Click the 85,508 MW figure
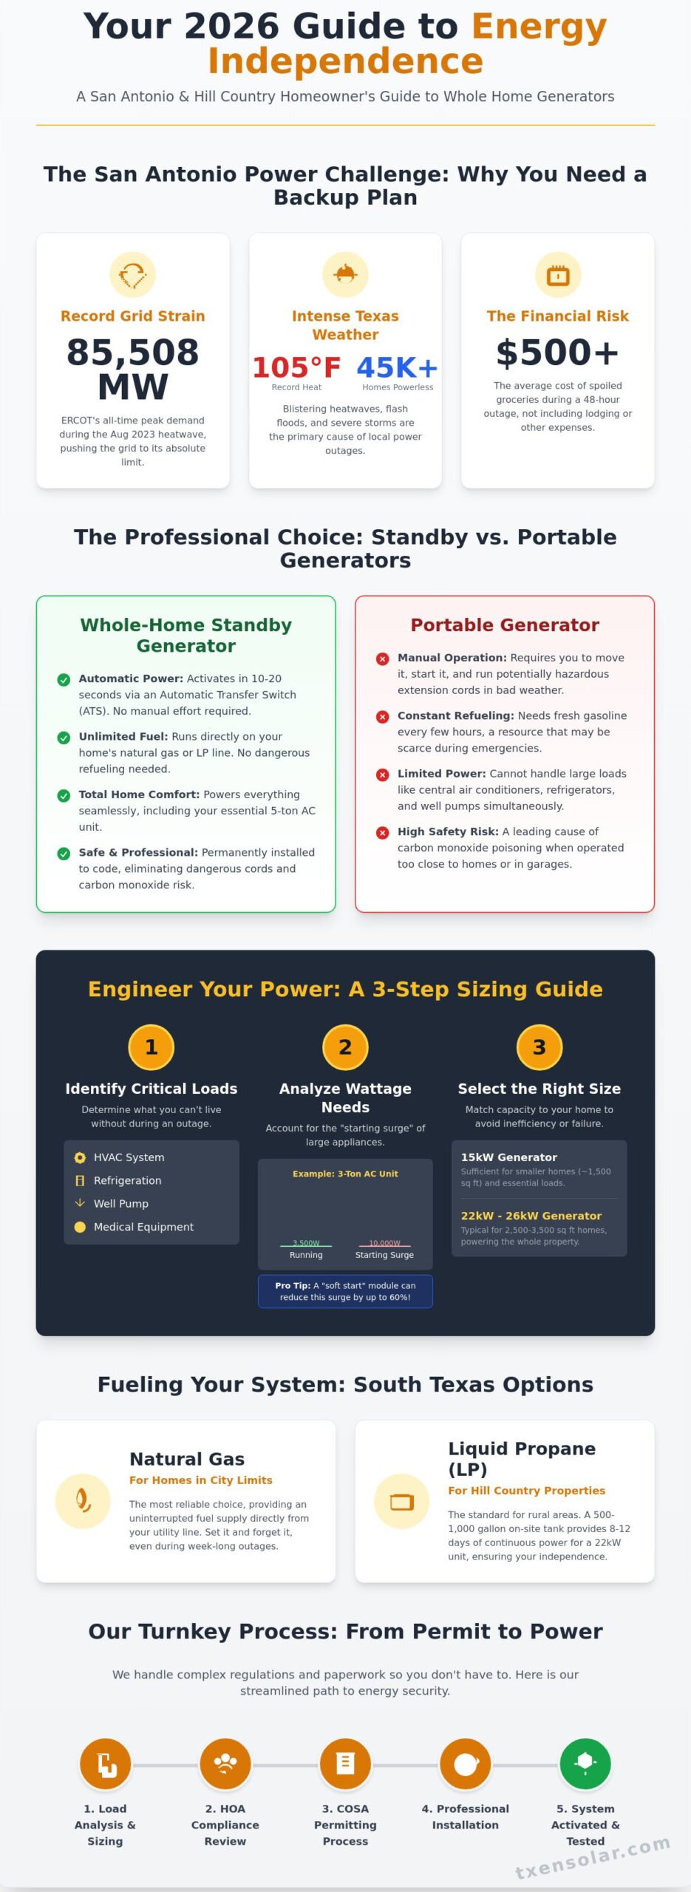(133, 369)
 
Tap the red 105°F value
(296, 367)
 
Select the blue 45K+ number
(397, 367)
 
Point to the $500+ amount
(557, 353)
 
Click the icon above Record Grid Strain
(133, 275)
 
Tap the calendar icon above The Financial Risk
(557, 275)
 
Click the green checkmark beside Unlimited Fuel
(64, 737)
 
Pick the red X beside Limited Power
(382, 775)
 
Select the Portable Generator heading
(505, 625)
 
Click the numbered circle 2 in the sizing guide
(345, 1047)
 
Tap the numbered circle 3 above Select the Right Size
(539, 1047)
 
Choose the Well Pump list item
(120, 1203)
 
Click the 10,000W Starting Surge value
(384, 1243)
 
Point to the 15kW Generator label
(508, 1157)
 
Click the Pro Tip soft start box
(345, 1291)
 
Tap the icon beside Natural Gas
(83, 1501)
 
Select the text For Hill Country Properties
(526, 1491)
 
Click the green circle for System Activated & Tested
(585, 1764)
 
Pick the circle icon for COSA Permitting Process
(345, 1764)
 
